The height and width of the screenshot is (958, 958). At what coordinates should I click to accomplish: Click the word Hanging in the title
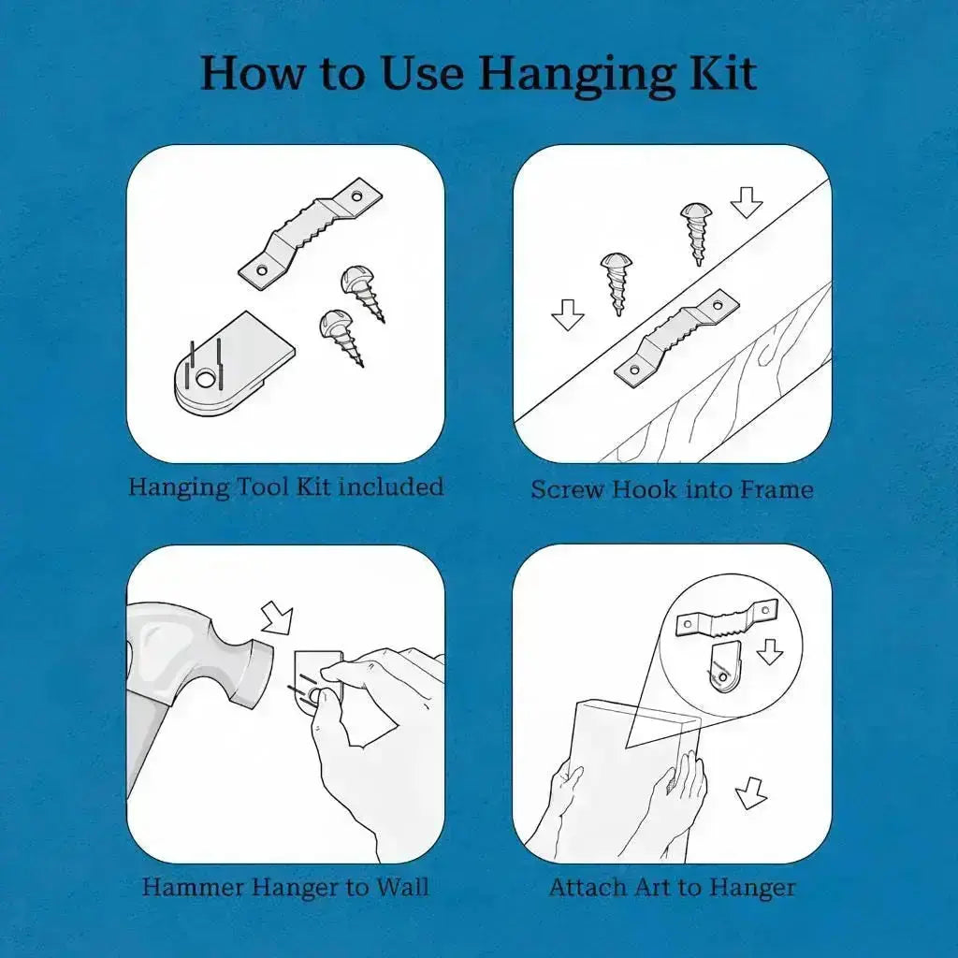click(576, 75)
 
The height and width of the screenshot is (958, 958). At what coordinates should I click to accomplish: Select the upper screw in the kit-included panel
click(362, 293)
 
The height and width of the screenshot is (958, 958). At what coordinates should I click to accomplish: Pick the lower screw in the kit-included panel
click(341, 337)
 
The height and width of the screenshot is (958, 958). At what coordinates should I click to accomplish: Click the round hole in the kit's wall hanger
click(205, 381)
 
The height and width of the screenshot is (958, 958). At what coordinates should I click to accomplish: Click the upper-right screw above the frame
click(696, 233)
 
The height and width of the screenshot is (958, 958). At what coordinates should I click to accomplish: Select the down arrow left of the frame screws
click(568, 314)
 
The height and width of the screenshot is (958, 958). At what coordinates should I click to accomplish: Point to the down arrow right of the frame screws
click(747, 202)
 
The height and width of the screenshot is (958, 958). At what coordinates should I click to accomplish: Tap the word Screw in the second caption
click(568, 489)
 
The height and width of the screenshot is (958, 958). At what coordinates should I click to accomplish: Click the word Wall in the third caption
click(402, 887)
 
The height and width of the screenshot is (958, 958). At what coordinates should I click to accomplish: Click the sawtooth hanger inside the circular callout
click(727, 619)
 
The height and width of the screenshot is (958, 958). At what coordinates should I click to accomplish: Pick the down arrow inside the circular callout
click(769, 651)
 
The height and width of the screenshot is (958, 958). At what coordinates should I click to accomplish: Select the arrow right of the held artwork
click(750, 793)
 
